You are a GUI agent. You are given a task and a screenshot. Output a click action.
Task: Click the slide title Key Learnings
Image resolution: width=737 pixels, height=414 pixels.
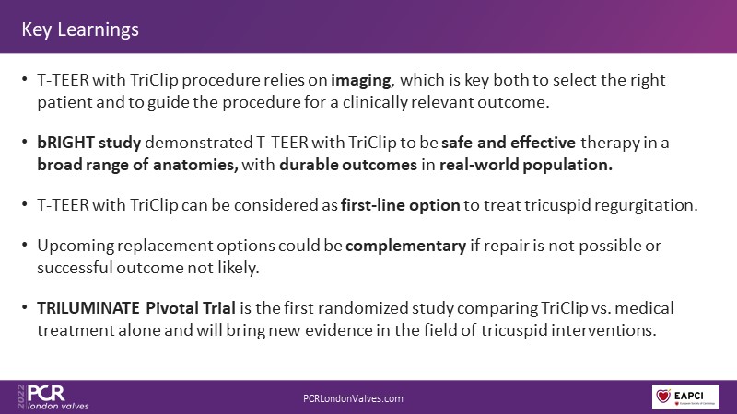click(x=80, y=29)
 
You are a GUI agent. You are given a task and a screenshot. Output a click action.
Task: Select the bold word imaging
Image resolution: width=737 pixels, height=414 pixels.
click(x=361, y=81)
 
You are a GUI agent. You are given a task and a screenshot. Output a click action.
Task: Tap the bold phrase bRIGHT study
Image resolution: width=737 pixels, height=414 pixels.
click(x=88, y=143)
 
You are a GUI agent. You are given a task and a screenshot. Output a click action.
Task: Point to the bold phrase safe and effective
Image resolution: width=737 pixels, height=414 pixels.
click(x=509, y=143)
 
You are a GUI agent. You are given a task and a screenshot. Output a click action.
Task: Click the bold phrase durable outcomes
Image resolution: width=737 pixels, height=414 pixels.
click(x=348, y=165)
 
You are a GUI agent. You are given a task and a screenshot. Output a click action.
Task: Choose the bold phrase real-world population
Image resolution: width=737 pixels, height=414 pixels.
click(x=526, y=165)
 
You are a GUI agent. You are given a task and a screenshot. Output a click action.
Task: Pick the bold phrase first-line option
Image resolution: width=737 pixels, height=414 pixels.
click(x=400, y=205)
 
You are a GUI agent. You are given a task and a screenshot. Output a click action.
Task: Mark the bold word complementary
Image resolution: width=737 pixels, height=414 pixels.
click(x=405, y=246)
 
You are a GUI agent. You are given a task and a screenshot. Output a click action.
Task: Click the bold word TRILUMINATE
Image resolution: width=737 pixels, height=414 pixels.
click(x=88, y=308)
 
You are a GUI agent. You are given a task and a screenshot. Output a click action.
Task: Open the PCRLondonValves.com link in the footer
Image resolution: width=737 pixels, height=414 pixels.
click(x=353, y=398)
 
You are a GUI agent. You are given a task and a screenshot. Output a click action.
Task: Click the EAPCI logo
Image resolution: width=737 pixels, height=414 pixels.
click(x=684, y=397)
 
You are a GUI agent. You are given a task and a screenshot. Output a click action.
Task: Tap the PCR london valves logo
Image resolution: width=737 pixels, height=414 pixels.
click(x=53, y=397)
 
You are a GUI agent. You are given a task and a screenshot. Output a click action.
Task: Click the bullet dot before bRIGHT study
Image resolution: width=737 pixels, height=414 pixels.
click(x=25, y=142)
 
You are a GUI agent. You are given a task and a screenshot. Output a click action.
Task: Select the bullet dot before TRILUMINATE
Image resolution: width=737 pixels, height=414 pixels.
click(x=25, y=307)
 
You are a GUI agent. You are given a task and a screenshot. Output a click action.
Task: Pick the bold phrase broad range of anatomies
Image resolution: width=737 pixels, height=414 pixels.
click(x=137, y=165)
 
